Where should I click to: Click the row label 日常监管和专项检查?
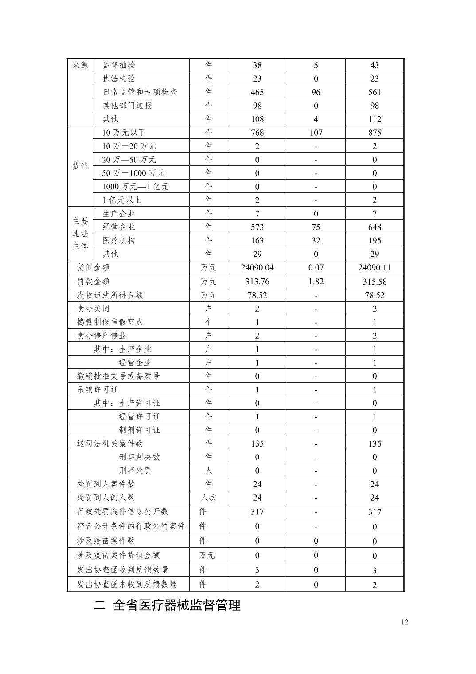(140, 92)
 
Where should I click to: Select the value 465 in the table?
(257, 92)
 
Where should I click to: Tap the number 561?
(375, 92)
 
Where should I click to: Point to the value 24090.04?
(257, 267)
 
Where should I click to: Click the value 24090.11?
(375, 267)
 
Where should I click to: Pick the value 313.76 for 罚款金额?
(257, 281)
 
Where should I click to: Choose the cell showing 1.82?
(316, 281)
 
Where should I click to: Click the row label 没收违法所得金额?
(110, 295)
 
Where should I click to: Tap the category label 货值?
(80, 166)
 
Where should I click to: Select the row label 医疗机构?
(119, 240)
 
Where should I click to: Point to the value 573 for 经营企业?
(257, 227)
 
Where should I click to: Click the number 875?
(375, 133)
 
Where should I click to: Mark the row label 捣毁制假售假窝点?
(110, 322)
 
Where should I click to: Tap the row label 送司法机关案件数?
(110, 443)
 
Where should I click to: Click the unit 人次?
(208, 498)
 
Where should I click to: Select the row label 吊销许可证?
(98, 389)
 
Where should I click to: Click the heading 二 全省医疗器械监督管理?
(167, 605)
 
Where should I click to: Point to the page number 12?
(404, 622)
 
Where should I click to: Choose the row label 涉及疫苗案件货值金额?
(118, 555)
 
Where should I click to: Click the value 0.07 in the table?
(316, 267)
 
